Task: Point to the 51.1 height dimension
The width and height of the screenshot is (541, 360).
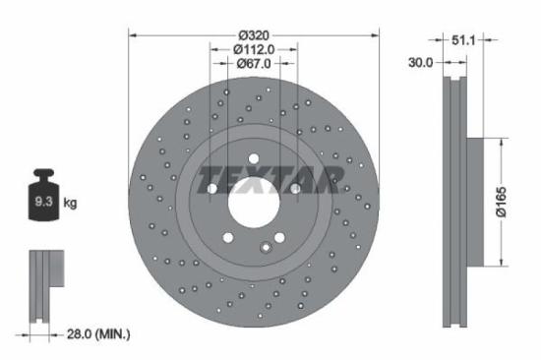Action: (464, 42)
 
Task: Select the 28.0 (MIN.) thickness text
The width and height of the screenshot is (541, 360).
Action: (94, 335)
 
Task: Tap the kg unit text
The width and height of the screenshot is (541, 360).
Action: (71, 204)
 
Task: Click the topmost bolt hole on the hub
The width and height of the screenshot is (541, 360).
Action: (254, 157)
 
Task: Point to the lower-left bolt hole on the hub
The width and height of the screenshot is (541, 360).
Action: (228, 236)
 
